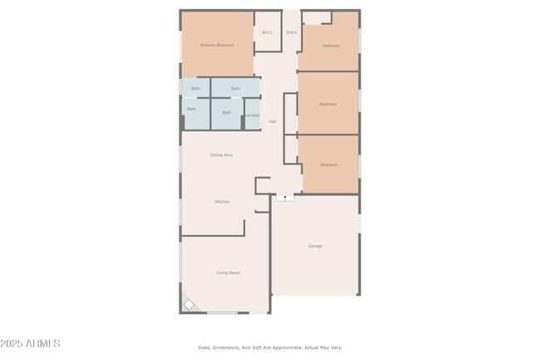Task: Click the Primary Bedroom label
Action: click(218, 45)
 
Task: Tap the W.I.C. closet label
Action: click(268, 32)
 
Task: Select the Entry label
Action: click(292, 32)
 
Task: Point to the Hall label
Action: click(272, 121)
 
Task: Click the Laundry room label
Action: click(253, 115)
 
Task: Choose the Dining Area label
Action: click(221, 155)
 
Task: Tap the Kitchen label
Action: click(222, 201)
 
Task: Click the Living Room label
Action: click(228, 273)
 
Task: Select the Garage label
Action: click(315, 246)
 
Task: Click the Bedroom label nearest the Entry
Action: click(331, 46)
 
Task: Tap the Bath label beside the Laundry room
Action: click(227, 112)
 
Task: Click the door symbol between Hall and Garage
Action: click(284, 198)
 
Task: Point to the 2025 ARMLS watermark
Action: click(31, 343)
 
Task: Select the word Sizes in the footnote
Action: click(204, 348)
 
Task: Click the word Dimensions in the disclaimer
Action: click(228, 348)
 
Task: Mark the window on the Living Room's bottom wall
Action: click(223, 313)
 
